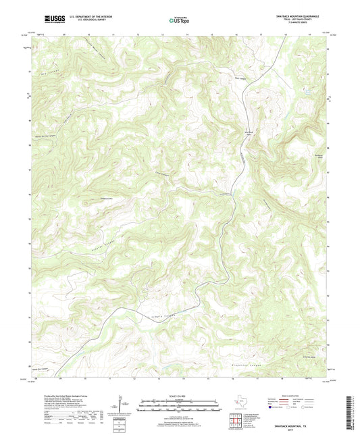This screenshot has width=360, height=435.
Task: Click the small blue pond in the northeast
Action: click(308, 91)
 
